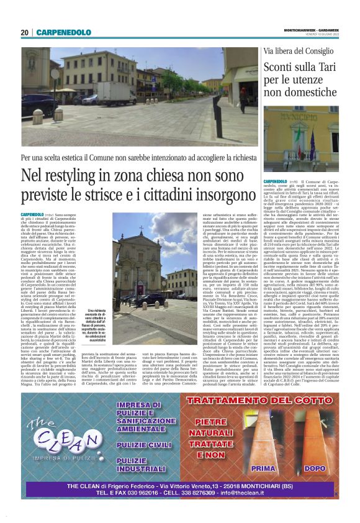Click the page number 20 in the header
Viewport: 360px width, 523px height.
[x=25, y=32]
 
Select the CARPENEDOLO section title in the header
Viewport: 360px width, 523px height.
[x=63, y=32]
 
